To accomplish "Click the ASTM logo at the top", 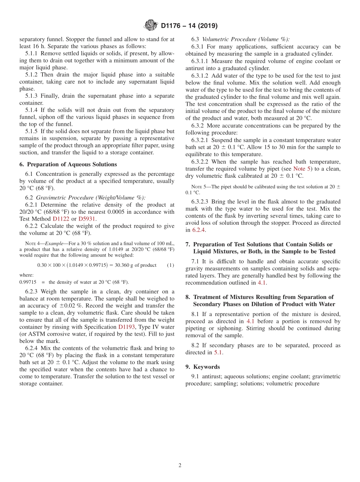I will [151, 26].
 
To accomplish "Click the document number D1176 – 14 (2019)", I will [189, 26].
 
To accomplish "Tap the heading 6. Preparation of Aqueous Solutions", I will [68, 164].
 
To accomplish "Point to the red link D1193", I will [126, 327].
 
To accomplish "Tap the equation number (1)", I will [171, 265].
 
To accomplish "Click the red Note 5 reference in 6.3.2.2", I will [302, 169].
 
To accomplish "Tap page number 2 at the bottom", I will [180, 466].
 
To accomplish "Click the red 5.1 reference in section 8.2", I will [218, 352].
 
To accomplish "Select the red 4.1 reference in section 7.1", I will [262, 283].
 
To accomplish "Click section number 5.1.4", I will [33, 110].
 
